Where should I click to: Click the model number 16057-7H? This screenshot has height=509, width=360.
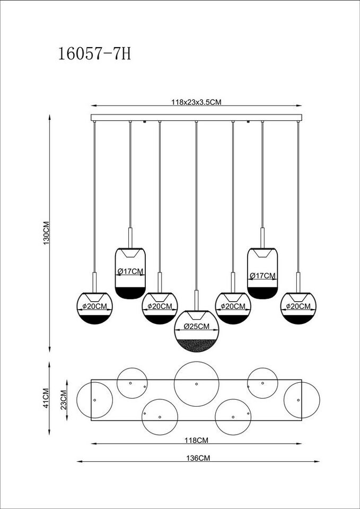94,54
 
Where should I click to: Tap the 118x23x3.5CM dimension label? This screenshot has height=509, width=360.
196,102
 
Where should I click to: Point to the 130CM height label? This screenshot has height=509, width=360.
46,233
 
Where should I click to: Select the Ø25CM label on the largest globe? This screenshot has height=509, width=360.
196,327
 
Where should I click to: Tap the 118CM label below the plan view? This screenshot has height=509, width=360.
196,441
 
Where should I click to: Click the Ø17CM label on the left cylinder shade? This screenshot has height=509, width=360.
130,271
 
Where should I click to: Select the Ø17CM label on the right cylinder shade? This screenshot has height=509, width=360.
262,276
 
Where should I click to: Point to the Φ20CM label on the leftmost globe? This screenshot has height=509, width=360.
95,306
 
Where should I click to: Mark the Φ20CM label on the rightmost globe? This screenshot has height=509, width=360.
298,306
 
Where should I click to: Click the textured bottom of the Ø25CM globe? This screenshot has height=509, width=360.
196,345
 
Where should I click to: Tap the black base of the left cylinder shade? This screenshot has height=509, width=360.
130,293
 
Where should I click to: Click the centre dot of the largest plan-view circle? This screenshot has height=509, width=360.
196,384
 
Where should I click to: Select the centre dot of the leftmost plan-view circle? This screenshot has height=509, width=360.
94,400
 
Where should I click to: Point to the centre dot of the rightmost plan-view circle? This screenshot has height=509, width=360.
298,400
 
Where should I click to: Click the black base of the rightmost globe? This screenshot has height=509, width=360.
298,319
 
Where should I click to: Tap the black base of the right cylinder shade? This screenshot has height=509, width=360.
262,293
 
